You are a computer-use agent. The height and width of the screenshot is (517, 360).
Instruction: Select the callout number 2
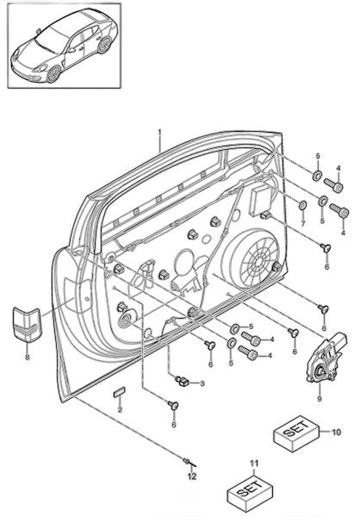click(120, 410)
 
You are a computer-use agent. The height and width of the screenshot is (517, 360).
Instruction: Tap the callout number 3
click(202, 383)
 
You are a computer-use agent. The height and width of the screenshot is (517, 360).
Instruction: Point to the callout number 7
click(303, 224)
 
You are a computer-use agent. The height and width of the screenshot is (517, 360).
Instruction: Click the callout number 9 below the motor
click(320, 399)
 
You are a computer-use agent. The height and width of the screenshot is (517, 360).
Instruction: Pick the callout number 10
click(336, 432)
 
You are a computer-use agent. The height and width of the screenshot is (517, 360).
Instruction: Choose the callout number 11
click(254, 464)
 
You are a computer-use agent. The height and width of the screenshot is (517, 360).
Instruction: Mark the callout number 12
click(192, 477)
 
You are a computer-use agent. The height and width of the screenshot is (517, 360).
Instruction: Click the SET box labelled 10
click(296, 433)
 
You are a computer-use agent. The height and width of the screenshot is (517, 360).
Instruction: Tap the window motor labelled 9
click(327, 358)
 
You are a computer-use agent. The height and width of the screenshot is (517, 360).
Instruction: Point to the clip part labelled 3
click(182, 381)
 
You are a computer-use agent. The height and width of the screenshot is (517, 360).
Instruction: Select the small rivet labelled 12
click(189, 462)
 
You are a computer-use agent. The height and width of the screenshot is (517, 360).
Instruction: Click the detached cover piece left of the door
click(27, 325)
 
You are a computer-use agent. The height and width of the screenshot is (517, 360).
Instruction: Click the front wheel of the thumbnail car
click(53, 74)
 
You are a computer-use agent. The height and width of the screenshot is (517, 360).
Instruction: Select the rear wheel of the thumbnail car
click(104, 45)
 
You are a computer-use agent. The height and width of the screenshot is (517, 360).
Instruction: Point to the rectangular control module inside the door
click(261, 201)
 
